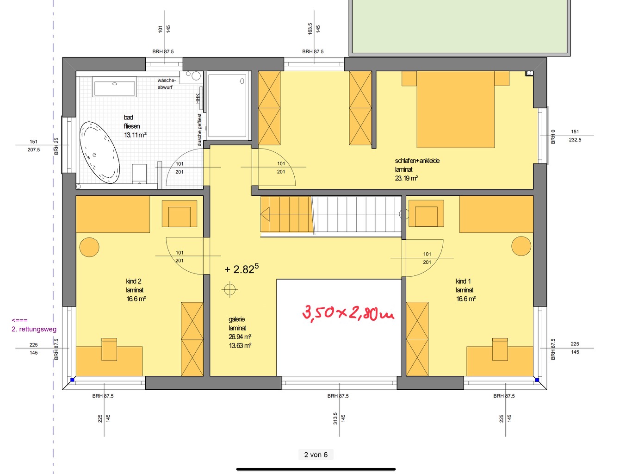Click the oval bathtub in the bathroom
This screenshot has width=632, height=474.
[x=99, y=152]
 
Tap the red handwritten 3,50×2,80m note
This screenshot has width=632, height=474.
[x=348, y=313]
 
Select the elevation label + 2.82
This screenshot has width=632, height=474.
[x=242, y=268]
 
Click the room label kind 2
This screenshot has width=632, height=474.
[x=134, y=281]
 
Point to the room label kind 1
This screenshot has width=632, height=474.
[x=463, y=281]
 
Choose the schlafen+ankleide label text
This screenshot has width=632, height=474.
[x=417, y=161]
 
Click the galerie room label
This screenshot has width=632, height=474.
[x=237, y=319]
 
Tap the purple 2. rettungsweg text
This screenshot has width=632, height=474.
[x=34, y=329]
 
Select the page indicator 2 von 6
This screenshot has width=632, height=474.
[x=316, y=455]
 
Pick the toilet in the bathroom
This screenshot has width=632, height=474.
[x=139, y=174]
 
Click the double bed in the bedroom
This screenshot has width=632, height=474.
[x=456, y=109]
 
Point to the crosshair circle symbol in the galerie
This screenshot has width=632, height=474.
[x=230, y=289]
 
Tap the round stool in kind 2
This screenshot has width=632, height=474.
[x=89, y=247]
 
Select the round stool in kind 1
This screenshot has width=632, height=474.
[x=521, y=246]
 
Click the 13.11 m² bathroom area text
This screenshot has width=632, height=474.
[x=135, y=135]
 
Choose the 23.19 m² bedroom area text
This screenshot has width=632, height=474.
[x=406, y=178]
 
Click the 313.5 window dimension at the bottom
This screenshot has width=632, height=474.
[x=335, y=418]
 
